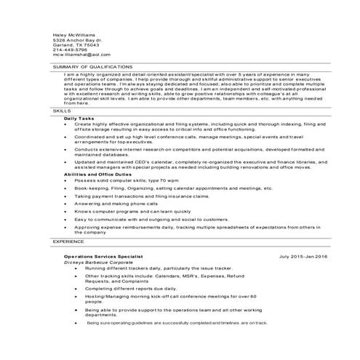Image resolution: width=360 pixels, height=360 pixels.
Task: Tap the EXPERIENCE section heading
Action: click(x=68, y=239)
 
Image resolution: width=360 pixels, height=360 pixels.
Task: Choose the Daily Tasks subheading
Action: click(x=79, y=118)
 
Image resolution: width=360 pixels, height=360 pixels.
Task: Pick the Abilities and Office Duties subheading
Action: click(x=97, y=175)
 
